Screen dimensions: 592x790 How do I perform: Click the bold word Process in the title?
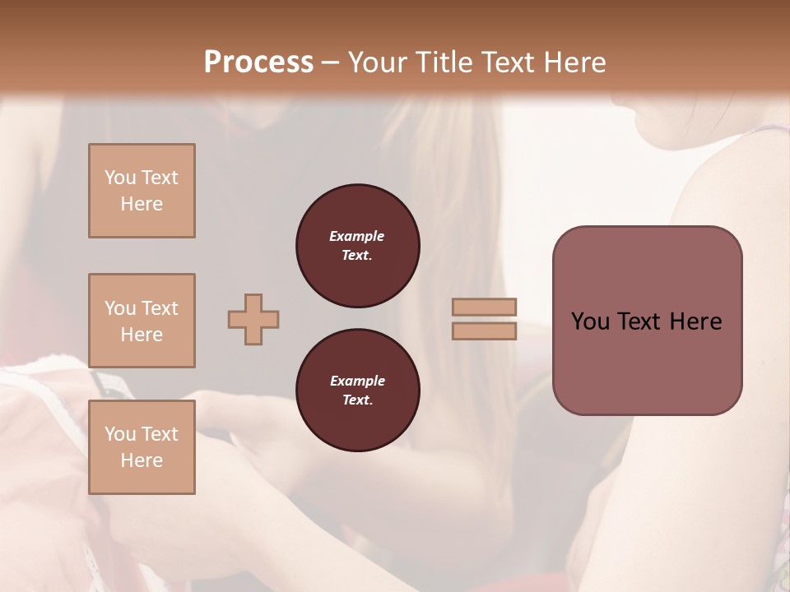coord(258,62)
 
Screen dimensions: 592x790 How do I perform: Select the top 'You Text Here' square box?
coord(142,191)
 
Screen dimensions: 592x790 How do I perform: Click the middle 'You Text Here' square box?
coord(142,321)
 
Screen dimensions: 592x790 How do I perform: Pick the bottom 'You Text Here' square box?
coord(142,446)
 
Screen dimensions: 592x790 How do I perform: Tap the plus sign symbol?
coord(253,319)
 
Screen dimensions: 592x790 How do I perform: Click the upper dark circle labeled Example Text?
coord(357,245)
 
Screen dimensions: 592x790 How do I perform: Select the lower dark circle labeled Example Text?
coord(357,390)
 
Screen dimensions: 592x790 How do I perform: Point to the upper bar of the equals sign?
coord(485,308)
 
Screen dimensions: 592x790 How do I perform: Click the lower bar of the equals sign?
coord(485,331)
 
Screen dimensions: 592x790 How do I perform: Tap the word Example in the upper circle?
coord(357,236)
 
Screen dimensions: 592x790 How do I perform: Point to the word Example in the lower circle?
coord(357,381)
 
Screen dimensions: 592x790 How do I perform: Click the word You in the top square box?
coord(120,178)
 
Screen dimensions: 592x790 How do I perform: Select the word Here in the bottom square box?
coord(142,460)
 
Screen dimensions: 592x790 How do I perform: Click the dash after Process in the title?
coord(331,62)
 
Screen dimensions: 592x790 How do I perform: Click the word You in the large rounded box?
coord(590,321)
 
